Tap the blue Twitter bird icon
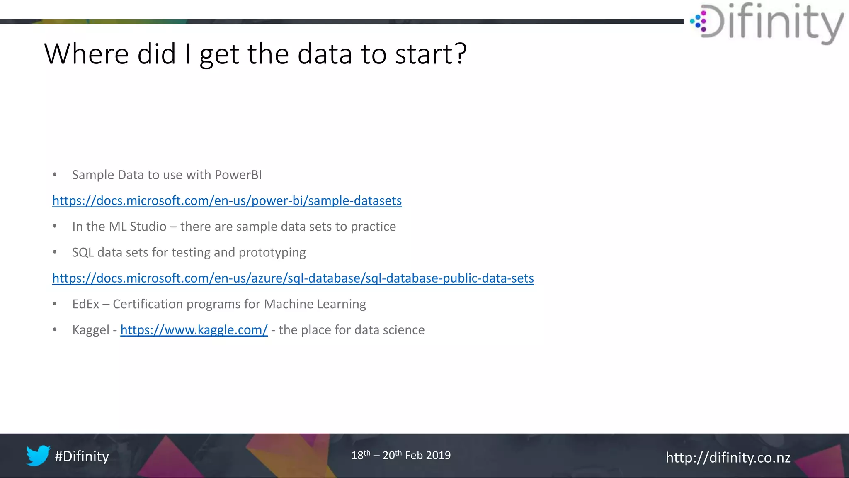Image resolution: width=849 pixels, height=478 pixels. point(38,456)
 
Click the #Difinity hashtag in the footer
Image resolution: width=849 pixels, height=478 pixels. point(82,456)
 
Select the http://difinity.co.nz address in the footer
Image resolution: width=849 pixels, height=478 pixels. point(728,457)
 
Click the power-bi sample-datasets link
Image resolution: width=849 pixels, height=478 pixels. point(227,201)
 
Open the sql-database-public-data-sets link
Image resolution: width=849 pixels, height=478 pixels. point(293,278)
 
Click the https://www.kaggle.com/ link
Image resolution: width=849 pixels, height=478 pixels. point(194,330)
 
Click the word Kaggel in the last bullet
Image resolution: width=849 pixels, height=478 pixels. point(91,330)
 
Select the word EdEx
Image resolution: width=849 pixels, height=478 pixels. point(85,304)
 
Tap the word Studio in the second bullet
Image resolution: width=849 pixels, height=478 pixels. point(148,227)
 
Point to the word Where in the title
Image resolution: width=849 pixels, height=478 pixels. point(86,54)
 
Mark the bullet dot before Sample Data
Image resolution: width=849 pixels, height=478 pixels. point(55,175)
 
